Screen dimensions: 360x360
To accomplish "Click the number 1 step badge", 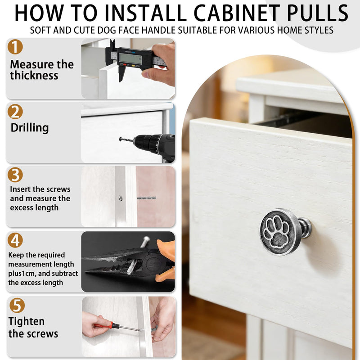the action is pyautogui.click(x=15, y=47).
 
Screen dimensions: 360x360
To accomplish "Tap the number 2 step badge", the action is pyautogui.click(x=15, y=112).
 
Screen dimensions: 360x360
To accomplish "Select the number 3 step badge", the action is pyautogui.click(x=15, y=175).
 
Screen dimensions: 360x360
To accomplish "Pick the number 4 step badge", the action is pyautogui.click(x=15, y=240).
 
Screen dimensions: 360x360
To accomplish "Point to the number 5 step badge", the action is pyautogui.click(x=17, y=306).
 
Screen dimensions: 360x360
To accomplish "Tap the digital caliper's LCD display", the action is pyautogui.click(x=130, y=58).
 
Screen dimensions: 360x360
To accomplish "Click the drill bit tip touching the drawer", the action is pyautogui.click(x=120, y=139).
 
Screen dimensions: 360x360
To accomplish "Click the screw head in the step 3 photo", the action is pyautogui.click(x=120, y=198).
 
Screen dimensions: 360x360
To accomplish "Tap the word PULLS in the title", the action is pyautogui.click(x=318, y=13).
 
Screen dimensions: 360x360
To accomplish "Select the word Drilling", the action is pyautogui.click(x=30, y=128).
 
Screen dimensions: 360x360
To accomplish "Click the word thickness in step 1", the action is pyautogui.click(x=34, y=76).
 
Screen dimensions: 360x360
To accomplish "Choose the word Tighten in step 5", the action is pyautogui.click(x=27, y=322).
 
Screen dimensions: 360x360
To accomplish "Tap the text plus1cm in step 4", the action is pyautogui.click(x=22, y=274).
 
